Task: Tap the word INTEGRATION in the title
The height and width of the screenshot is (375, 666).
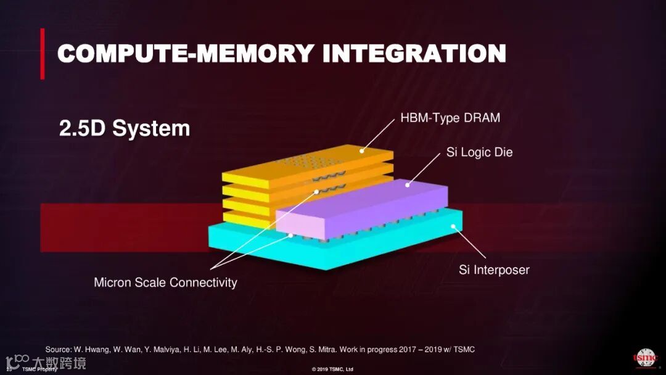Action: (x=414, y=53)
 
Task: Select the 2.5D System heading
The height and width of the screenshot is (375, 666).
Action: (x=124, y=129)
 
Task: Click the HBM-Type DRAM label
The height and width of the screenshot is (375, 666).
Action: (x=450, y=118)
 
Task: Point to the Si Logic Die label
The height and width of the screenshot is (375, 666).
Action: (x=479, y=152)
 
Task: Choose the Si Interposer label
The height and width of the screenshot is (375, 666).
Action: (x=494, y=270)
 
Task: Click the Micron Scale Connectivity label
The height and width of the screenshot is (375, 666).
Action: (x=165, y=282)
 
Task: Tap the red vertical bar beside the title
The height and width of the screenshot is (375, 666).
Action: (x=43, y=54)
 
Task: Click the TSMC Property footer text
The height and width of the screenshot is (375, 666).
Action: (x=39, y=369)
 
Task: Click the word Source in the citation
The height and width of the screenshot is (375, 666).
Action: (x=58, y=350)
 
